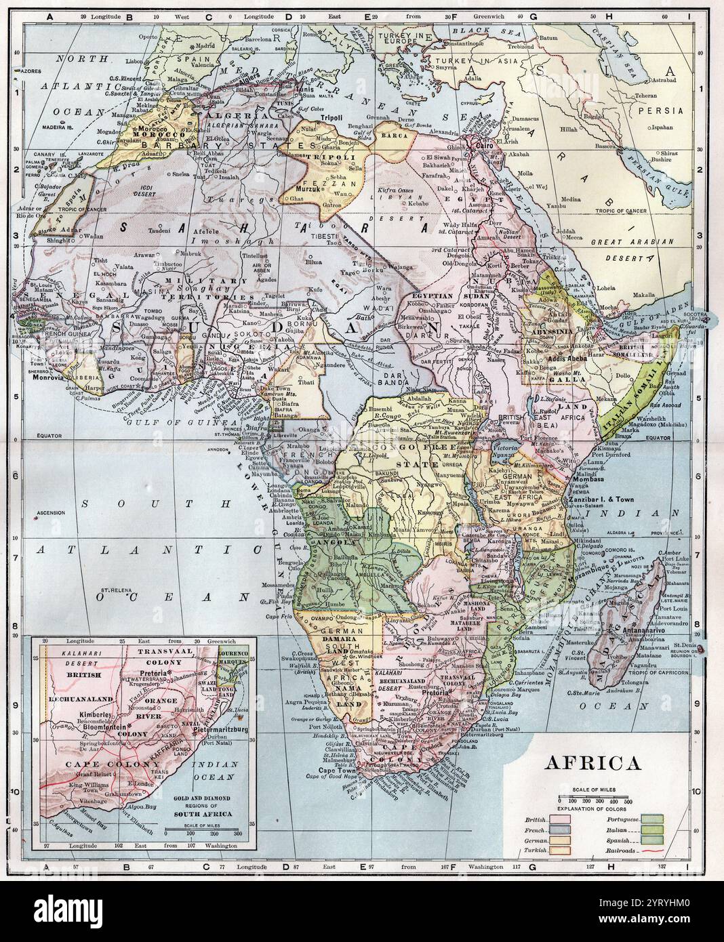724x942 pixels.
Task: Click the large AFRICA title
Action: (x=592, y=763)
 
